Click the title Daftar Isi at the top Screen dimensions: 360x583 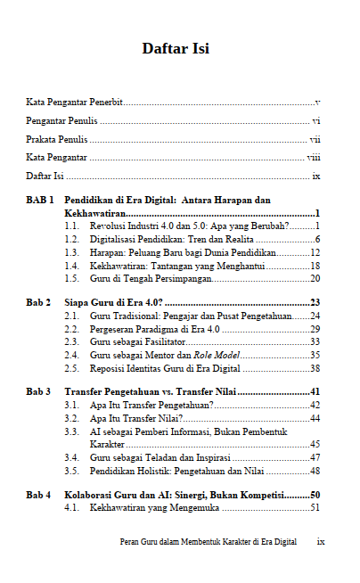176,48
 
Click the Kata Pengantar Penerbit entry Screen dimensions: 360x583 75,103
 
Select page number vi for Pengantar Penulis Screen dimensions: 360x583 315,121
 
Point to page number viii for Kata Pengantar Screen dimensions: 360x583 314,157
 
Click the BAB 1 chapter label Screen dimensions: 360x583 40,201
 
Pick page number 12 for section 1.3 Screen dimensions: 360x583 315,252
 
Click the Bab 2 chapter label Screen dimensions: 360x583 38,303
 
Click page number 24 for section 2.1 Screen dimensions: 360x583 315,316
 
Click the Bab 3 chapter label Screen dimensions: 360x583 38,391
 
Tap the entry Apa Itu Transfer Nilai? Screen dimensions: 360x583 136,417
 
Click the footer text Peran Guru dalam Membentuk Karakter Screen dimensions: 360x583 208,541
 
